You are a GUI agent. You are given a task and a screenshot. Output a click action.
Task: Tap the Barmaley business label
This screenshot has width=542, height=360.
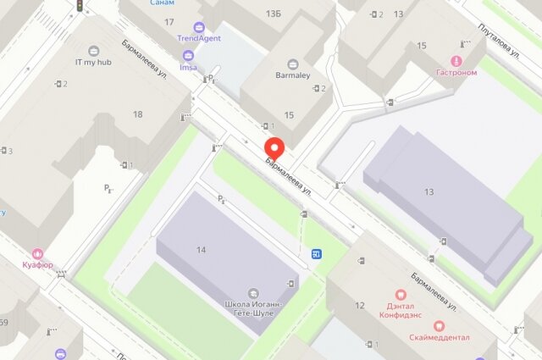[x=292, y=74]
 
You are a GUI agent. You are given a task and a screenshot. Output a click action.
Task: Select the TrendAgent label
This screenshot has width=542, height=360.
[x=199, y=38]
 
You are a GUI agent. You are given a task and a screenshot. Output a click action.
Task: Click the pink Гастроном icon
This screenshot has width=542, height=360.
[x=456, y=61]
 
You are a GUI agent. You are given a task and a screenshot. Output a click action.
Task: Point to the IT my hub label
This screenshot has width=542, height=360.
[x=93, y=62]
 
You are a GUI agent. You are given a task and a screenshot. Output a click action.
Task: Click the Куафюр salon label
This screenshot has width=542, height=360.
[x=37, y=265]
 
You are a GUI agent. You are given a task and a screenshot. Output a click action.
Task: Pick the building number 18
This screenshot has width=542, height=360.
[x=137, y=114]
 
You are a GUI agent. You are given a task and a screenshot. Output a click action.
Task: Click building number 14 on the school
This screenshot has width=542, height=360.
[x=201, y=249]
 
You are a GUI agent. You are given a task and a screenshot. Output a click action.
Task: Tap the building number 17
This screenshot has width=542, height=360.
[x=169, y=22]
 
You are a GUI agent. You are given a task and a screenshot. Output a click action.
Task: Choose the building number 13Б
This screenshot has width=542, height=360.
[x=273, y=14]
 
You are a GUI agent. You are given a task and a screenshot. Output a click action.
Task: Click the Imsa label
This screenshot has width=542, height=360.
[x=188, y=67]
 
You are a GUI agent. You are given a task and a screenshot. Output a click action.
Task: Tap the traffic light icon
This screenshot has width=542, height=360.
[x=80, y=6]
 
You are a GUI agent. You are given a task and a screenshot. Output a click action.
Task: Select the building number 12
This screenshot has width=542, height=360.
[x=359, y=305]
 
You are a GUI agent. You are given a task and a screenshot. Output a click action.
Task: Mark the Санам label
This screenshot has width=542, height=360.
[x=163, y=3]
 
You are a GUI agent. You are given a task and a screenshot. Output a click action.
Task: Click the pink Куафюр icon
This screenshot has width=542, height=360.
[x=37, y=253]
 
